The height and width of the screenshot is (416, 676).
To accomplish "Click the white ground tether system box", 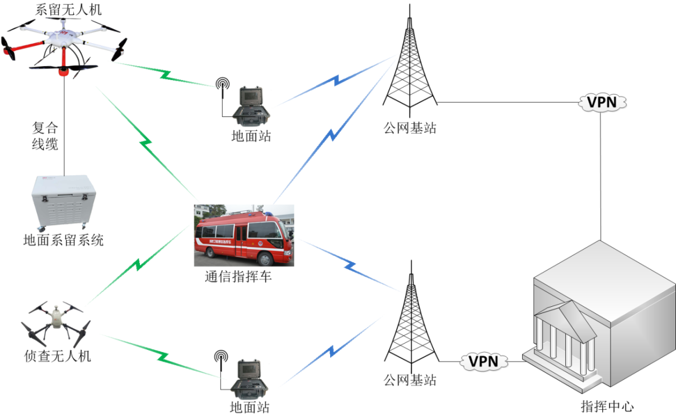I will pyautogui.click(x=61, y=202).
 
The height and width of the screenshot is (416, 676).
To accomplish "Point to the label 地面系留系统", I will pyautogui.click(x=63, y=241).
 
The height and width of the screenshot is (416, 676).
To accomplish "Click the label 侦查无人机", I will pyautogui.click(x=58, y=356).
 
